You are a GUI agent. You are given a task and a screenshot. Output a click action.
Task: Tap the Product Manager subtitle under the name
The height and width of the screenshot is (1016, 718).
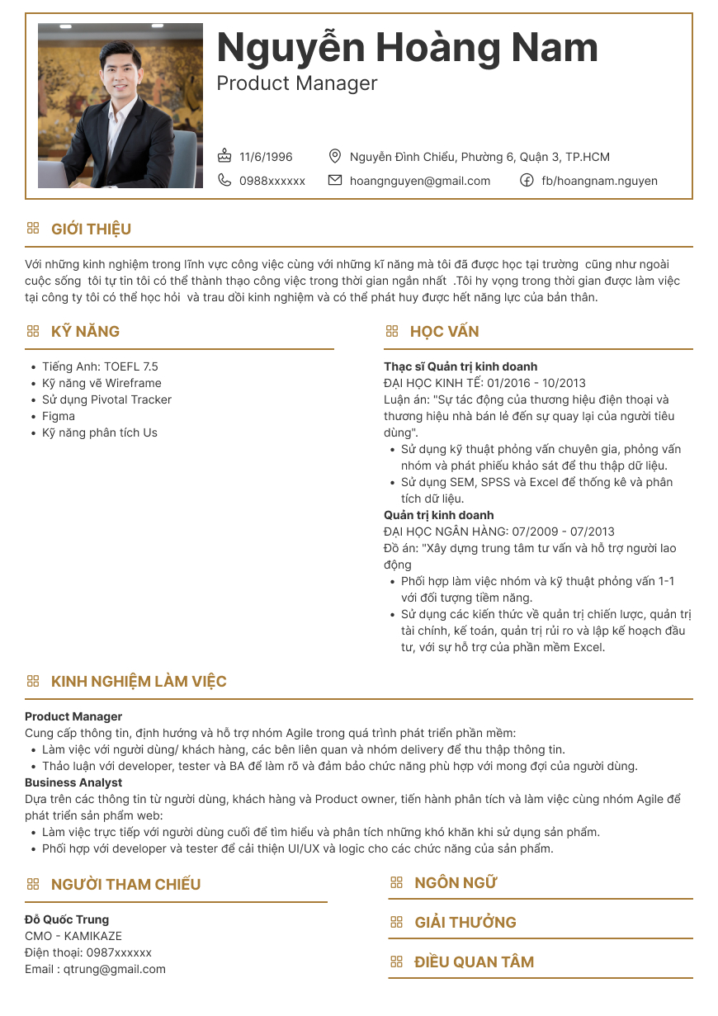point(296,83)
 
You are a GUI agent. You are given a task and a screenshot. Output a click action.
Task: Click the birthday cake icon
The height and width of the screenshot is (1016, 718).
point(224,156)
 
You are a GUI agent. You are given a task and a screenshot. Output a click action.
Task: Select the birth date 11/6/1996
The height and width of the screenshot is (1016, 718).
point(266,157)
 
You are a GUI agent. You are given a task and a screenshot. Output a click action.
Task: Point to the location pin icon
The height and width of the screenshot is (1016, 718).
point(334,156)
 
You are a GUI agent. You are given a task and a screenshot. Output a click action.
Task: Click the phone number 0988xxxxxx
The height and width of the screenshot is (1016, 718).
point(272,181)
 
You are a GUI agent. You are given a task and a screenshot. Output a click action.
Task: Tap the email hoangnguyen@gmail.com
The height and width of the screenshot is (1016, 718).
point(420,181)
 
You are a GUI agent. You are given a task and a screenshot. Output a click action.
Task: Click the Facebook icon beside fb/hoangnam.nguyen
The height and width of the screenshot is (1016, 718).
point(527,181)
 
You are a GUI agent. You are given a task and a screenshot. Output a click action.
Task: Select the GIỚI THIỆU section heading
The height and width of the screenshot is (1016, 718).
point(91,229)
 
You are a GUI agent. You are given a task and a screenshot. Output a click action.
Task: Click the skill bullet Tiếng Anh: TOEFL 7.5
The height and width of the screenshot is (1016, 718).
point(100,366)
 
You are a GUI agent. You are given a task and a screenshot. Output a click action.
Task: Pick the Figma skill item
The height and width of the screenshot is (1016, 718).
point(59,416)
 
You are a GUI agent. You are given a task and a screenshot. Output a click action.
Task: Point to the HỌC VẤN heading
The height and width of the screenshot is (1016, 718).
point(444,331)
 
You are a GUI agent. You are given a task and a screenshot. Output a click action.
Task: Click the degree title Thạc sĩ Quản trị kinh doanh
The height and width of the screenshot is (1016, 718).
point(461,366)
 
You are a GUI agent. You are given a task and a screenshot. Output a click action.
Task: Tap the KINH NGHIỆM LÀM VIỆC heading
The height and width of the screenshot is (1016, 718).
point(139,681)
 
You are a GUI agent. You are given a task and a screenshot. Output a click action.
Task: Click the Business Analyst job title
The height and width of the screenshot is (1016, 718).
point(73,782)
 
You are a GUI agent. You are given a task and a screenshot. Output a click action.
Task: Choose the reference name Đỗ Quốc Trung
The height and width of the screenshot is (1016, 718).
point(67,919)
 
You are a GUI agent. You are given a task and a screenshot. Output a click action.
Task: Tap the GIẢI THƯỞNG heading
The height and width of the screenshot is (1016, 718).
point(465,922)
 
